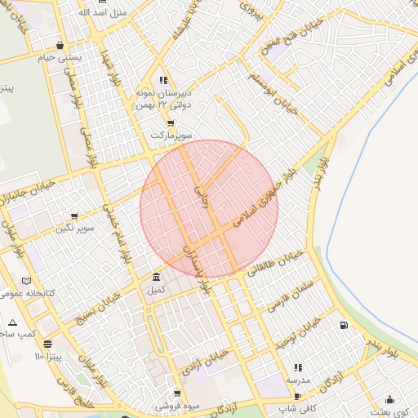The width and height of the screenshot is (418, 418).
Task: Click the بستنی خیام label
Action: [x=59, y=58]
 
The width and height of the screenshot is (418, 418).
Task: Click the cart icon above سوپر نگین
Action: [x=75, y=216]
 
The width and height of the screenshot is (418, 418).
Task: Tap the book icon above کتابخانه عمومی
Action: [x=27, y=280]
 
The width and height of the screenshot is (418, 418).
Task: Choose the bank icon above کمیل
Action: [x=156, y=278]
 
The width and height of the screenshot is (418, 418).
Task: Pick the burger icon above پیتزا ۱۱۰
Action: [x=47, y=345]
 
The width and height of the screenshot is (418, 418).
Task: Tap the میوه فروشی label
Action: [x=178, y=406]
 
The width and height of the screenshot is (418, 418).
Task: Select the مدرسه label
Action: [x=297, y=380]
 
